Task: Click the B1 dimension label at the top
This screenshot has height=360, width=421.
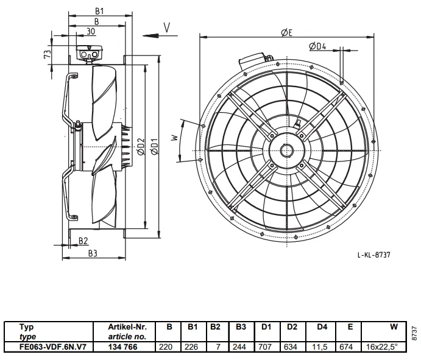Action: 99,11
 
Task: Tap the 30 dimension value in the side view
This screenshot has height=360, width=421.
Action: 91,32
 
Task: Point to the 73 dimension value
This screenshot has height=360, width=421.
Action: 48,54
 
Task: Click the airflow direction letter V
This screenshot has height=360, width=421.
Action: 167,27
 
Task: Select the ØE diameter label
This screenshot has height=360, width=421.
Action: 286,32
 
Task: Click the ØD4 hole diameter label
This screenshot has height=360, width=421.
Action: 317,46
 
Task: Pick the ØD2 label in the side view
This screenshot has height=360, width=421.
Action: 141,147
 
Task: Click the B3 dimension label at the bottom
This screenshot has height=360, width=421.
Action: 93,253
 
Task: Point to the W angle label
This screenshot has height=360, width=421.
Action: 175,138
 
